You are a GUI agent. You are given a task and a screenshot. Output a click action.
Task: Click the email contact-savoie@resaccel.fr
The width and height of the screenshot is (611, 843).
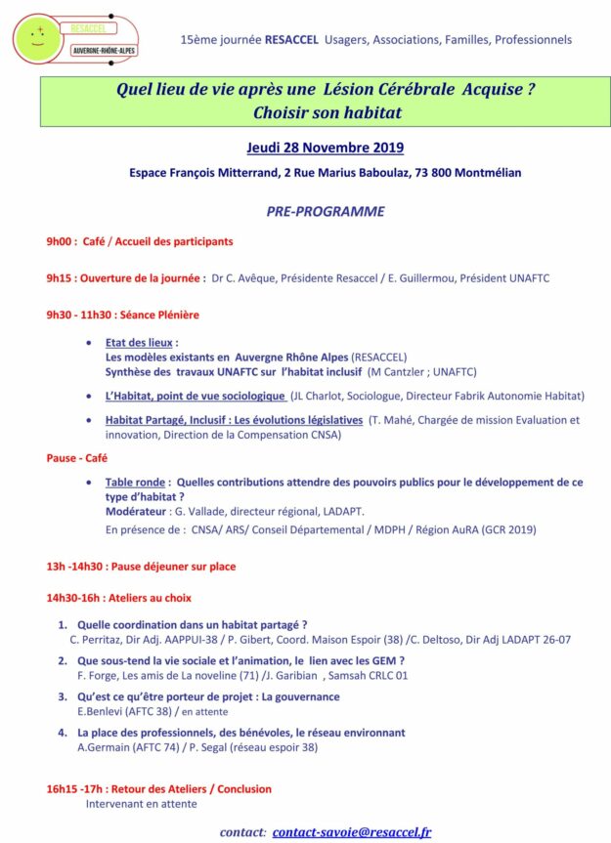[x=352, y=832]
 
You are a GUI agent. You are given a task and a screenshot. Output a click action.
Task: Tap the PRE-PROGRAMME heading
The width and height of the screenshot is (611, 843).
[x=326, y=211]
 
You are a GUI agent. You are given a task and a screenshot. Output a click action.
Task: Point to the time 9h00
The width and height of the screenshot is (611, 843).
[x=60, y=241]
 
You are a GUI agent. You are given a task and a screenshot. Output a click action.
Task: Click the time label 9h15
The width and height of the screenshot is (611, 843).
[x=60, y=277]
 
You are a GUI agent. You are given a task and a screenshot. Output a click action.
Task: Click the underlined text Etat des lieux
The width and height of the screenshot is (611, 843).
[x=139, y=343]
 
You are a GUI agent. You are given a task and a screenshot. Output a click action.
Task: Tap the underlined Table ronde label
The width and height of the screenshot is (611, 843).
[x=135, y=483]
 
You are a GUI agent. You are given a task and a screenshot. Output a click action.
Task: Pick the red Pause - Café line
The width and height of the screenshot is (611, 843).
[x=77, y=457]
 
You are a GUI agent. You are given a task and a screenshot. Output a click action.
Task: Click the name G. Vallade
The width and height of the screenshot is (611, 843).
[x=195, y=511]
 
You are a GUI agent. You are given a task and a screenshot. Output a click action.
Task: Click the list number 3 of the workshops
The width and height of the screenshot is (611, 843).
[x=62, y=696]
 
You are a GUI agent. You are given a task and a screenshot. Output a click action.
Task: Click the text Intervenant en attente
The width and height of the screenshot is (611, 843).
[x=141, y=804]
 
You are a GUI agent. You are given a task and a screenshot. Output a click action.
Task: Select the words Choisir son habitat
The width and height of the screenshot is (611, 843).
[x=326, y=112]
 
